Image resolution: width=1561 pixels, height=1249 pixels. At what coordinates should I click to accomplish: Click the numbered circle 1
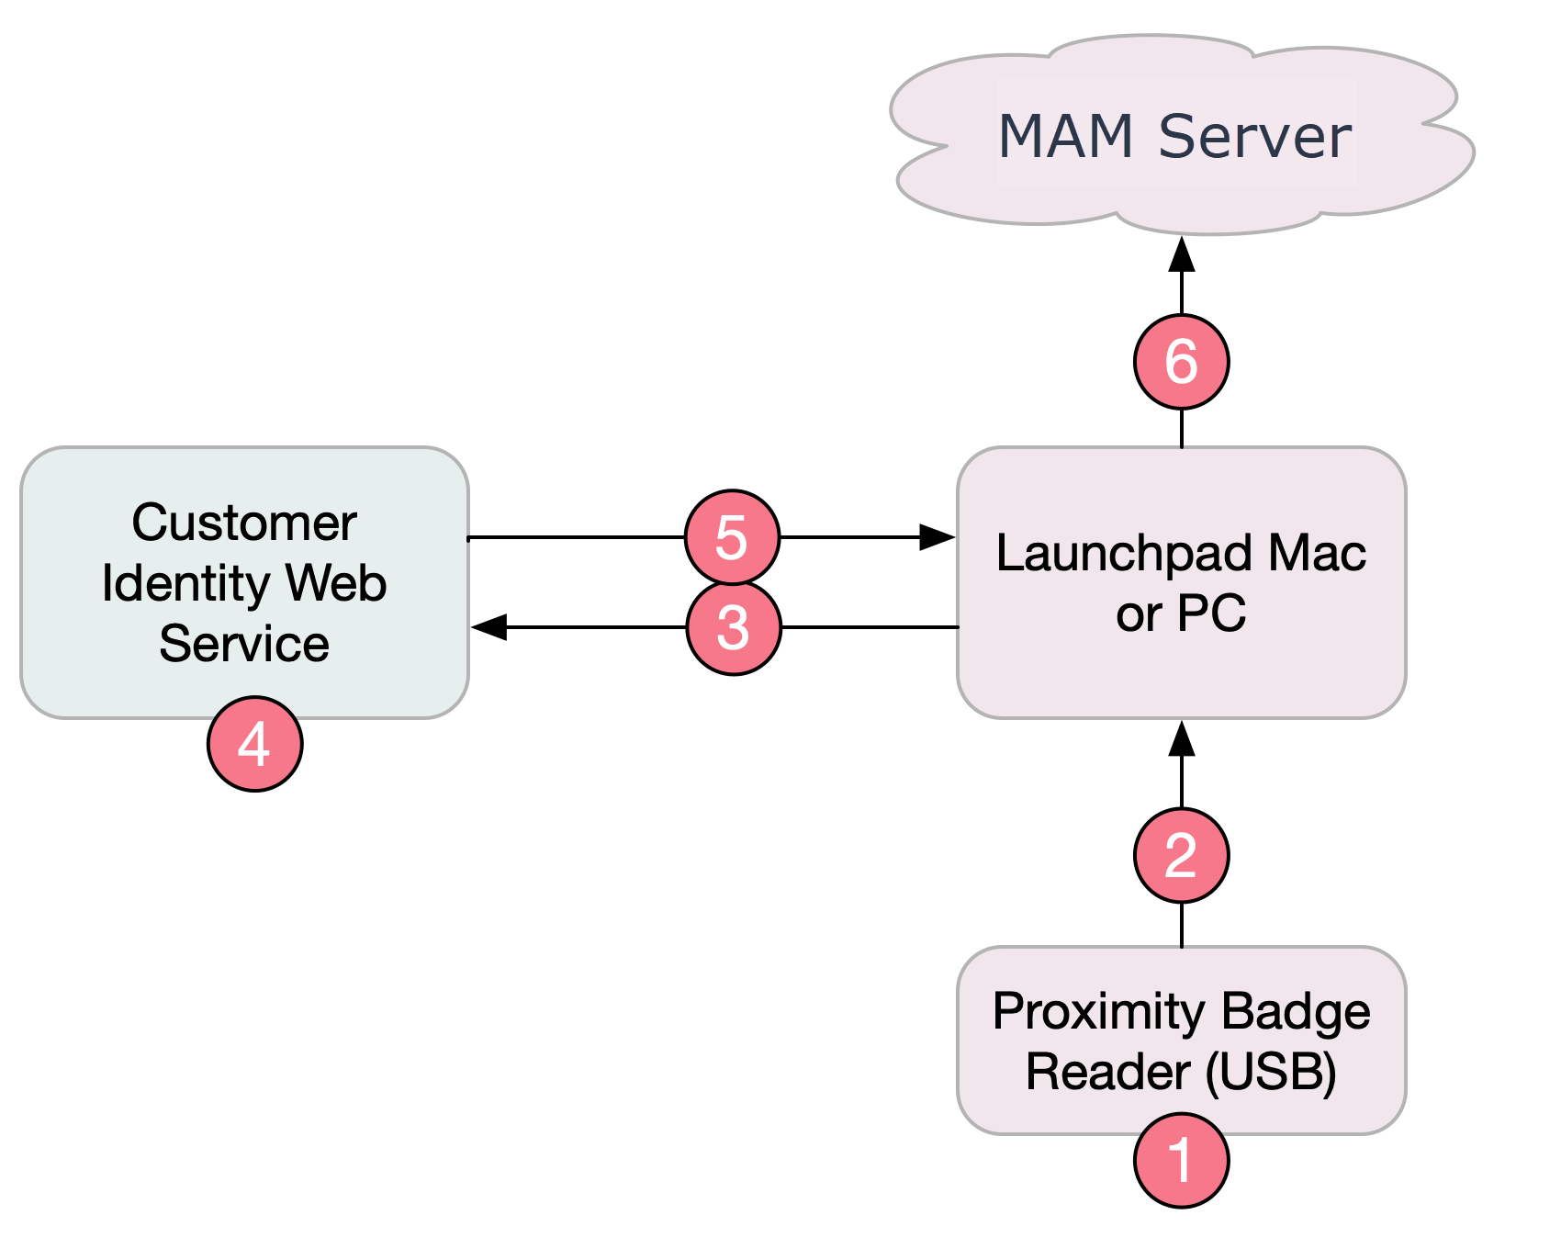click(x=1181, y=1160)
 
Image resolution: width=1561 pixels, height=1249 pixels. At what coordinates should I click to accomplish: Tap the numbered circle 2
click(x=1181, y=855)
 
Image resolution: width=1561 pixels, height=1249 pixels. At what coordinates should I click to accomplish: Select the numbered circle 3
click(x=734, y=628)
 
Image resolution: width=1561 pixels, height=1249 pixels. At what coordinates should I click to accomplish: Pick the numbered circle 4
click(x=254, y=743)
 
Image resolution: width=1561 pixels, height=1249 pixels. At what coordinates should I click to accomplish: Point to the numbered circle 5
click(x=732, y=537)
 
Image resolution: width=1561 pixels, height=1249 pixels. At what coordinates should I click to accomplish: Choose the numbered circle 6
click(x=1181, y=361)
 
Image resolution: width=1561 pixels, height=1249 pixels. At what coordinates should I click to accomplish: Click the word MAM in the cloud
click(x=1065, y=136)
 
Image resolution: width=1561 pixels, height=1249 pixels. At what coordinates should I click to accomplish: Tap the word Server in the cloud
click(x=1254, y=136)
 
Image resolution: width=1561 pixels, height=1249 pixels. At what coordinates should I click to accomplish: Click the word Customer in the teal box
click(x=244, y=523)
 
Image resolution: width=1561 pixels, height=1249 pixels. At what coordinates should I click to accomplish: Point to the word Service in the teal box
click(x=244, y=643)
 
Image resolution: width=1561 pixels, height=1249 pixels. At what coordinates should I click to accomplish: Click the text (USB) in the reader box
click(x=1271, y=1072)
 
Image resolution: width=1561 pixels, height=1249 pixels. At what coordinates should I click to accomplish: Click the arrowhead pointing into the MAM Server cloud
click(x=1182, y=254)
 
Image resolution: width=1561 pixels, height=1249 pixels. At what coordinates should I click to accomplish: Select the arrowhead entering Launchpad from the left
click(x=938, y=537)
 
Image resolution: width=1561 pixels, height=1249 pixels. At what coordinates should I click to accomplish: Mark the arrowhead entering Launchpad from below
click(x=1182, y=739)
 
